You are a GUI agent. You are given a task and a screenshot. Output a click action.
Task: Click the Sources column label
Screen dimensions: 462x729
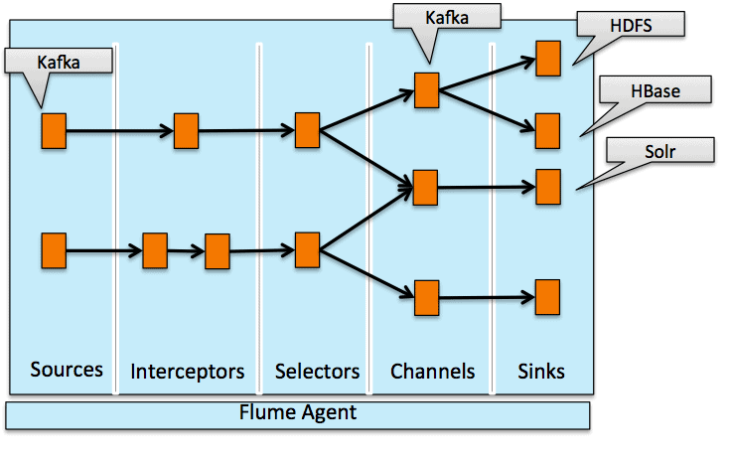tap(67, 370)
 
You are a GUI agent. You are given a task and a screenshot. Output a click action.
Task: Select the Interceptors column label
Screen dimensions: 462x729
tap(187, 372)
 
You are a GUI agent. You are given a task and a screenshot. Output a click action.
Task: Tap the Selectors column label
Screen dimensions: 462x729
tap(317, 372)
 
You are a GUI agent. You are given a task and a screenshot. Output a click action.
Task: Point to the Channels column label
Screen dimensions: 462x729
tap(432, 372)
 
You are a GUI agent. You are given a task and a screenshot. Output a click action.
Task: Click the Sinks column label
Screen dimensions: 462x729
tap(541, 372)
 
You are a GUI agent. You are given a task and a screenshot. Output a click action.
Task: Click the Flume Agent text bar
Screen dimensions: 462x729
tap(298, 412)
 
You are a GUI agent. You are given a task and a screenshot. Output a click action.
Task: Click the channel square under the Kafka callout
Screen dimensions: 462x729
tap(426, 89)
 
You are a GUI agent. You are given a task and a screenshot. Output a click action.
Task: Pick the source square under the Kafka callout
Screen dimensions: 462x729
tap(54, 130)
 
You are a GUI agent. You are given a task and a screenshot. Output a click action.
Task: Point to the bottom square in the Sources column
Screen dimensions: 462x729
tap(54, 250)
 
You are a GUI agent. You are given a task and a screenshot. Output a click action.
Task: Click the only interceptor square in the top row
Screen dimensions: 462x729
tap(187, 130)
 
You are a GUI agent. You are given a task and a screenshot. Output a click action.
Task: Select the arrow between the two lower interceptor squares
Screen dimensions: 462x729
tap(186, 251)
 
